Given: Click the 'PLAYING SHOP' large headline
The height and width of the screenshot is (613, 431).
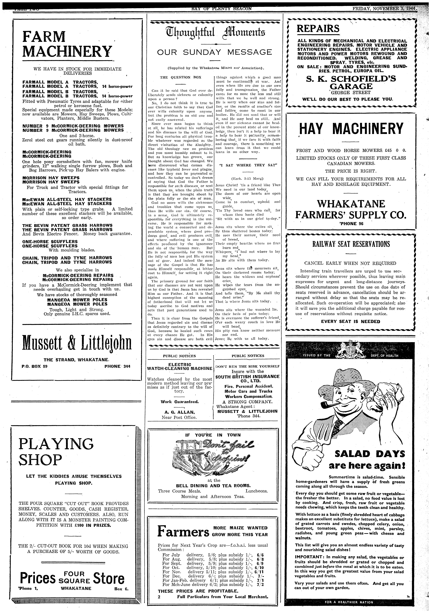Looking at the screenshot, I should [56, 451].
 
